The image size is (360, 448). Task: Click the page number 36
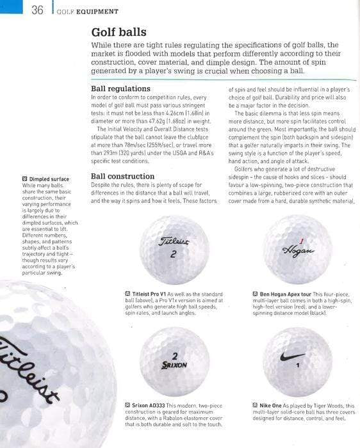(37, 10)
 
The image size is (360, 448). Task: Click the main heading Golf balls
(119, 31)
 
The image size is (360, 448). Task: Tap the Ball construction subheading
(122, 176)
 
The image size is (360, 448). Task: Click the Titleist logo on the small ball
(174, 242)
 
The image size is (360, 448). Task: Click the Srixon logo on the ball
(174, 365)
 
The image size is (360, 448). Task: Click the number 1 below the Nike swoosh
(298, 365)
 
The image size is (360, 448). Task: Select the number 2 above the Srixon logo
(174, 355)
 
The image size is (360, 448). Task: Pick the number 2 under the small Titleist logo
(174, 254)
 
